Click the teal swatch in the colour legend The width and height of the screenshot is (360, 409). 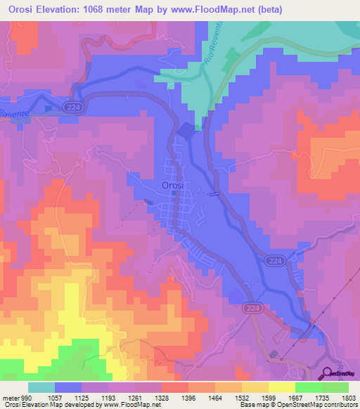click(41, 387)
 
